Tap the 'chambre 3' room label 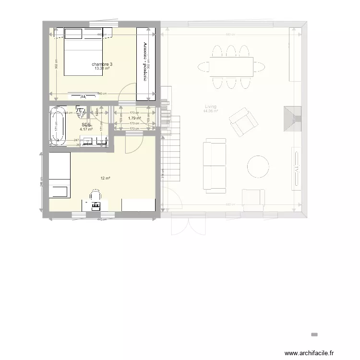(102, 64)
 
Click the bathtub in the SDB (59, 125)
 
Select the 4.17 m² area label (86, 129)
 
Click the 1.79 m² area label (134, 118)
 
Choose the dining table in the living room (231, 66)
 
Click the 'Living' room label (210, 107)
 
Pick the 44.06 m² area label (210, 111)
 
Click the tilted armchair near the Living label (242, 121)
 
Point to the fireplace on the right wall (292, 118)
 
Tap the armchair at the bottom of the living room (253, 199)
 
